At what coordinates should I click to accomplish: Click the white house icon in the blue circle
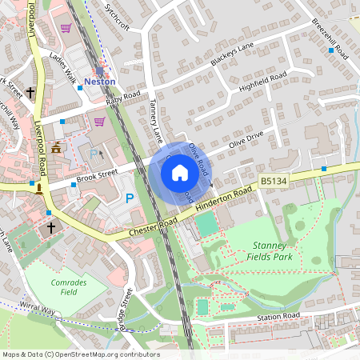click(179, 172)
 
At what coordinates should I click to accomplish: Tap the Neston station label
click(101, 82)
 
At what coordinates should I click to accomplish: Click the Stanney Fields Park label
click(274, 251)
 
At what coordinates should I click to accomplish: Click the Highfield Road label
click(262, 84)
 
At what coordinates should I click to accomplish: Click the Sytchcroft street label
click(117, 16)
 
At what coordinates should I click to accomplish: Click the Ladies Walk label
click(62, 69)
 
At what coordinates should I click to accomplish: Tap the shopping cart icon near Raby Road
click(100, 122)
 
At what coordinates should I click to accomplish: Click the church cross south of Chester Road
click(50, 229)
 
